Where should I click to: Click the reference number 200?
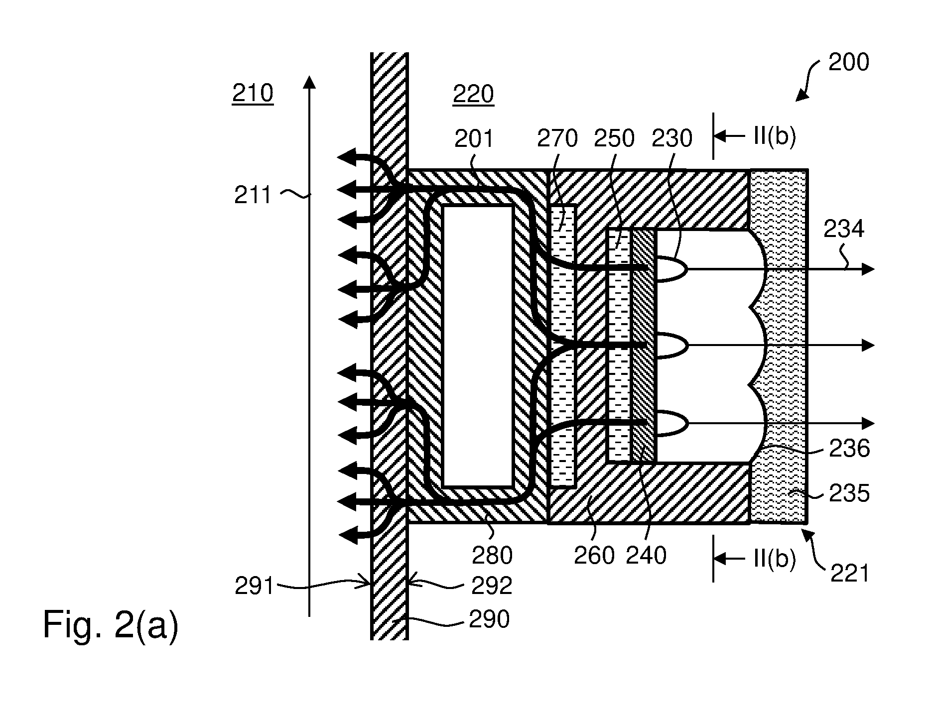[849, 63]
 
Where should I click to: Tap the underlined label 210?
[253, 93]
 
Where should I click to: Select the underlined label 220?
[473, 94]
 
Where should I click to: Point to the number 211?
[254, 195]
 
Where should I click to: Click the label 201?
[474, 138]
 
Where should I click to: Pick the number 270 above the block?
[557, 138]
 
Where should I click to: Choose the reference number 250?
[614, 138]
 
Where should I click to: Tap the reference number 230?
[672, 138]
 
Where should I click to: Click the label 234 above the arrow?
[844, 229]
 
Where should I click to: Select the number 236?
[849, 448]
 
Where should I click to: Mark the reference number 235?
[849, 493]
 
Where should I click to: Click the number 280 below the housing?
[492, 555]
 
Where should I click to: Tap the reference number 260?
[594, 555]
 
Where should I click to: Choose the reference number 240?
[646, 555]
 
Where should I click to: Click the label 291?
[255, 587]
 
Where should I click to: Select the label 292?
[492, 587]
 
